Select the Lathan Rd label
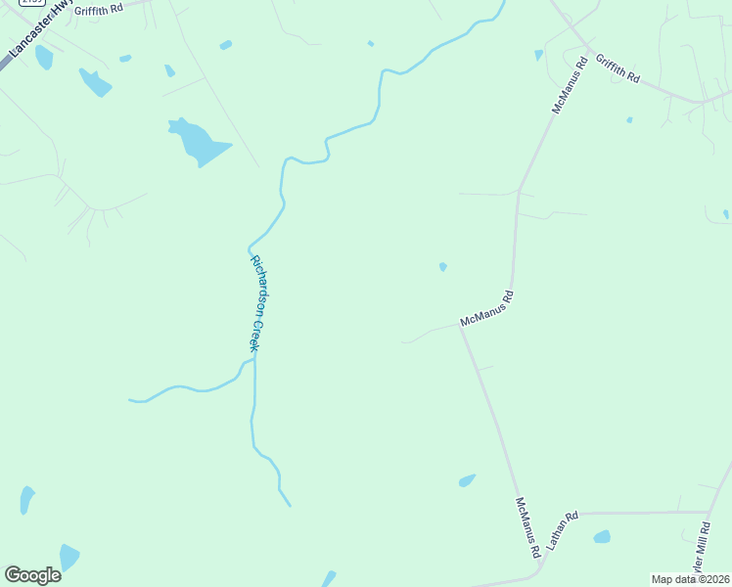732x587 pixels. point(564,528)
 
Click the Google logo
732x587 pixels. point(32,575)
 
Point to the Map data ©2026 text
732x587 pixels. point(690,579)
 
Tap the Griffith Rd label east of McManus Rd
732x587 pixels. point(618,68)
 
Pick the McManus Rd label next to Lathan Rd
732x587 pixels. point(527,526)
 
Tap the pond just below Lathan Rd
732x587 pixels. point(602,536)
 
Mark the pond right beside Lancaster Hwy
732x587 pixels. point(43,58)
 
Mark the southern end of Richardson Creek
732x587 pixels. point(291,505)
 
